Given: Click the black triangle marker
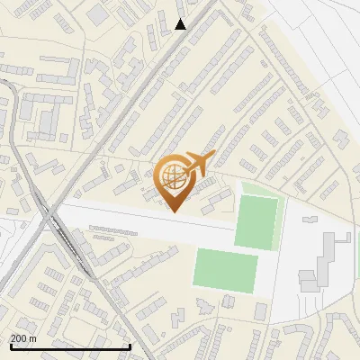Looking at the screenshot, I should (x=181, y=24).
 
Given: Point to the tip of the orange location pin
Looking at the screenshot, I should (x=175, y=211).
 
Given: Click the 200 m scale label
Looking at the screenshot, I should (x=23, y=338).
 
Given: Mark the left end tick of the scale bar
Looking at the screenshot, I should (x=10, y=346).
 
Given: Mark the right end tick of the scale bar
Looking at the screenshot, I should (x=131, y=346).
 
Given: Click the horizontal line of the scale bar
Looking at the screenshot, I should (x=70, y=347).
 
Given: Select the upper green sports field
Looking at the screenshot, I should (x=256, y=221).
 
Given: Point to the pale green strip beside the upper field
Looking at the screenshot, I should (x=280, y=220).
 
